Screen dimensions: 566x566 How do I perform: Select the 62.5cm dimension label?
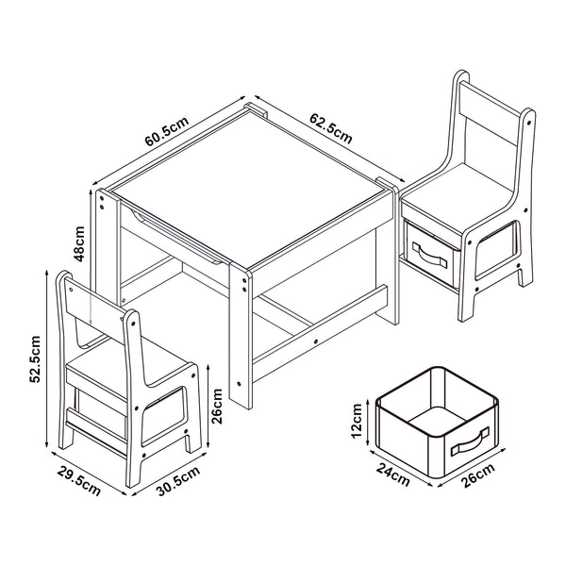[x=330, y=128]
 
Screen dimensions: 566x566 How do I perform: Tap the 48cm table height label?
[x=82, y=242]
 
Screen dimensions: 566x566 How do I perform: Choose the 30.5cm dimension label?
[x=176, y=481]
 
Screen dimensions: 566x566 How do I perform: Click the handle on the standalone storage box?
[x=470, y=441]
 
